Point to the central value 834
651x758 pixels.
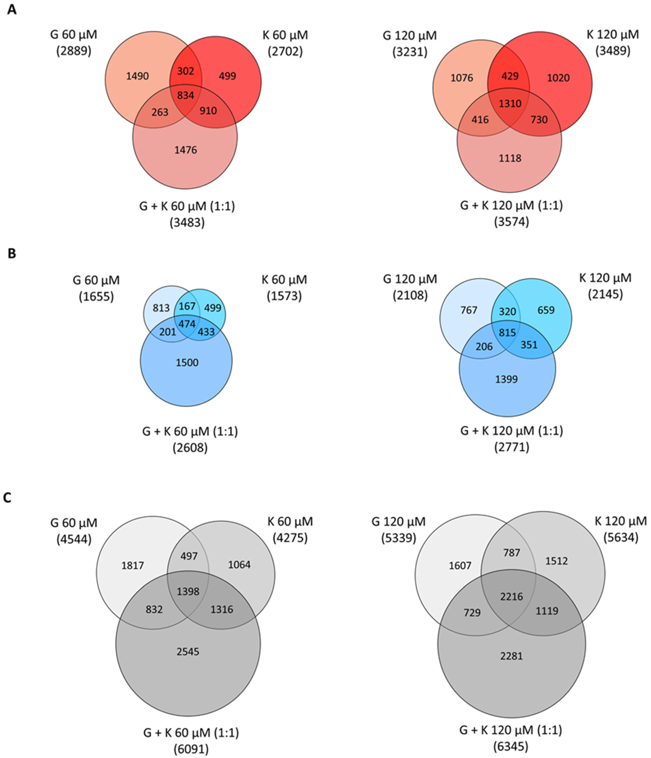coord(185,96)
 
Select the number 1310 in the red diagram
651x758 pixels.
coord(510,103)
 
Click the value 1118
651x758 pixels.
coord(510,158)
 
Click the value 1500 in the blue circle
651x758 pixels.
coord(187,362)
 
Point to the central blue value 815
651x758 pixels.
coord(507,333)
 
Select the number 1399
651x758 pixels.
coord(506,379)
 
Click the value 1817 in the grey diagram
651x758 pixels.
coord(133,566)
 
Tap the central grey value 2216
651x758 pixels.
coord(512,597)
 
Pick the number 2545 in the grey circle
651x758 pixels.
coord(188,652)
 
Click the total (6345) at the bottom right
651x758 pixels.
coord(511,746)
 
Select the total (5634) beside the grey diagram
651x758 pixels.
coord(621,537)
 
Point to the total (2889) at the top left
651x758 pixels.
coord(74,51)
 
